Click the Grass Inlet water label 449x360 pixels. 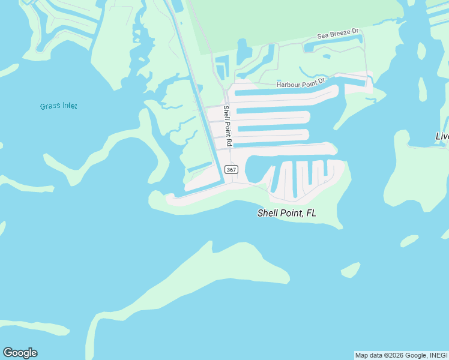[x=59, y=106]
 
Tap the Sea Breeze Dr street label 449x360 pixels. [x=337, y=35]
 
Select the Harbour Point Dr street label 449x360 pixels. [x=300, y=83]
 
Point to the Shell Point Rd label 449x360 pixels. [x=227, y=126]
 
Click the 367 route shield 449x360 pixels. [x=232, y=170]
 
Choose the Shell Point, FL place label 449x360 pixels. [x=286, y=213]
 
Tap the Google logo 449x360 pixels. [x=20, y=353]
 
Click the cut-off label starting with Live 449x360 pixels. [x=442, y=136]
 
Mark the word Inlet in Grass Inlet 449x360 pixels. [x=68, y=106]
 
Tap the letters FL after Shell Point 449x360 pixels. [x=310, y=213]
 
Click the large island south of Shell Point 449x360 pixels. [x=246, y=264]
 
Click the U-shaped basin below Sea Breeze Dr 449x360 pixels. [x=334, y=46]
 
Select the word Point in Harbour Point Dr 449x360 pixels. [x=310, y=82]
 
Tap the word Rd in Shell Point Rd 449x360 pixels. [x=228, y=143]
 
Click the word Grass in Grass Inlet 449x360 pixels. [x=49, y=106]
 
